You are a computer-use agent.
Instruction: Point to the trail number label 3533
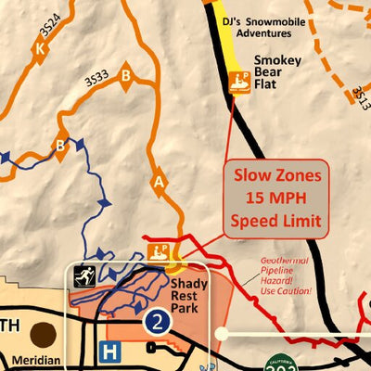pos(97,80)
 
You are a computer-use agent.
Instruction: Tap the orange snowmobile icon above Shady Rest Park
pos(159,250)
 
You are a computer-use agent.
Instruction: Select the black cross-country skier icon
pos(85,275)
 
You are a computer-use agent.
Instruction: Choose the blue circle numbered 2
pos(157,322)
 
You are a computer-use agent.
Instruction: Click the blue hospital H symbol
pos(110,352)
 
